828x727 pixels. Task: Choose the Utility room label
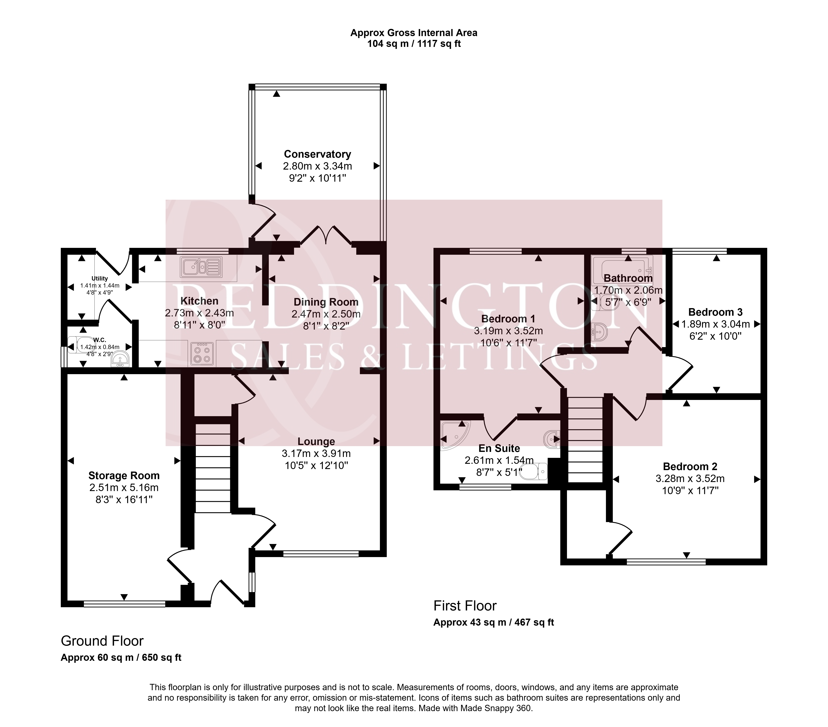point(100,278)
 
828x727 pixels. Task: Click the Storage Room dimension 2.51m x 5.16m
point(124,488)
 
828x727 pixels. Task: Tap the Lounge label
point(316,441)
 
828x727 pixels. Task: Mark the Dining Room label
point(326,302)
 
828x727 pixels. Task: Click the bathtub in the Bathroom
point(622,269)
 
